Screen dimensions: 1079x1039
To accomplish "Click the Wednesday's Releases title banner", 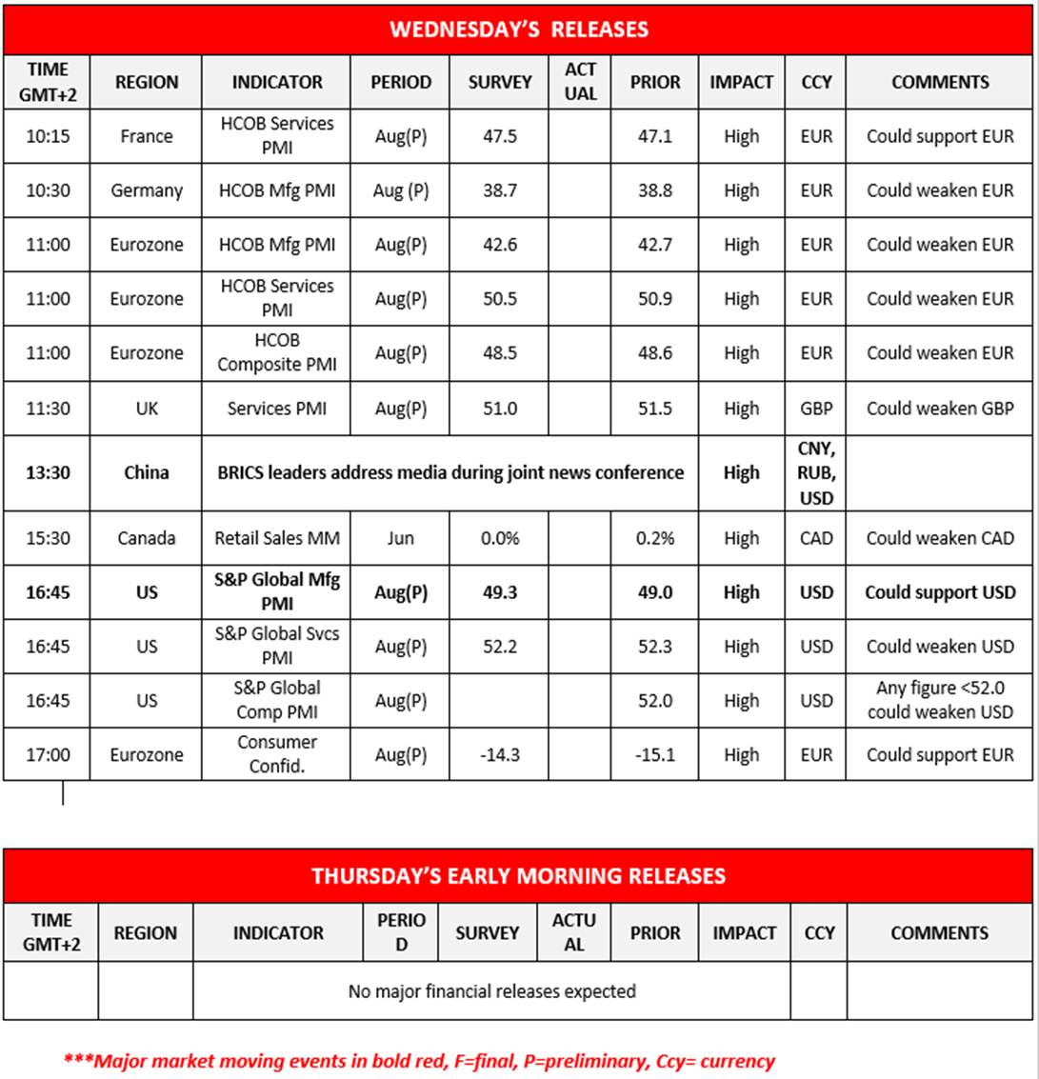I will click(x=519, y=29).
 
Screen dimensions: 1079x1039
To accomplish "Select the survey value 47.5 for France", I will click(x=500, y=136).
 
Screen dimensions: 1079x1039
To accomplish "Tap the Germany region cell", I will click(x=147, y=190).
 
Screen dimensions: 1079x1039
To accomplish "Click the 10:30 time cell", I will click(x=47, y=190).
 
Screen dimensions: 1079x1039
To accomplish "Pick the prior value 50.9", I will click(x=655, y=299).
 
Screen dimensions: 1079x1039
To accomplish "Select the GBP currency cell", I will click(x=816, y=409).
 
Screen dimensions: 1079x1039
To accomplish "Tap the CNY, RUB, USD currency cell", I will click(x=816, y=472).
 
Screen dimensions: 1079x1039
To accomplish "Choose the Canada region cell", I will click(x=147, y=538).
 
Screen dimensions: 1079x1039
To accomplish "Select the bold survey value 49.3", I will click(x=500, y=592).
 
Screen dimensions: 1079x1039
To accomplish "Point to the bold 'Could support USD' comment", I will click(x=939, y=592).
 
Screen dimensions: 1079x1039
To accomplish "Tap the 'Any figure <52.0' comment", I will click(x=939, y=701).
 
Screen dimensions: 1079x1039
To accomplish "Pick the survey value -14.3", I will click(x=500, y=755).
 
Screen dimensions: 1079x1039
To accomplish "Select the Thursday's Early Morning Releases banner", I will click(x=519, y=875).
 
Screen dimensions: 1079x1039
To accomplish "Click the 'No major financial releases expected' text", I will click(x=491, y=991).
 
